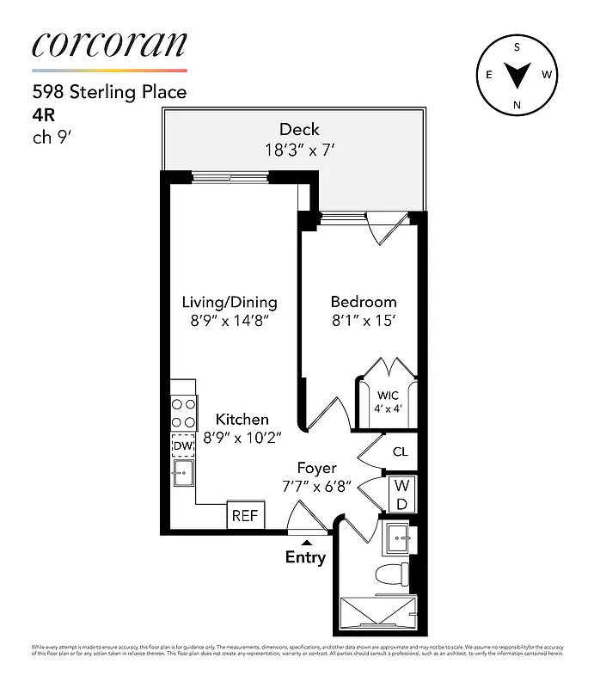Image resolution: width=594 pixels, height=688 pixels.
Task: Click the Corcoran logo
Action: (109, 45)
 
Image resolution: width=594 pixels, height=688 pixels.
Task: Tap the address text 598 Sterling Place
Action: (109, 92)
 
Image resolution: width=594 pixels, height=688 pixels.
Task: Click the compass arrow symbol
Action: (517, 77)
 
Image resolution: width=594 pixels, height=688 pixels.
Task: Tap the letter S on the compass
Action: (517, 48)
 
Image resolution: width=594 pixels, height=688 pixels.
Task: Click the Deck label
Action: (298, 130)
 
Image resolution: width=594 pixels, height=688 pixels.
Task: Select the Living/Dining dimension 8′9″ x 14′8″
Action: (230, 322)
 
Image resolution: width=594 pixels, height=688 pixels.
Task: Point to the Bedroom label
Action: (364, 302)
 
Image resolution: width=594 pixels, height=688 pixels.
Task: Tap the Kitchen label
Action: (242, 420)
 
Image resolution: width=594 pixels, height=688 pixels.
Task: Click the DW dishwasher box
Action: (182, 446)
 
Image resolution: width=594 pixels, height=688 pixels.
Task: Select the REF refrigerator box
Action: (245, 517)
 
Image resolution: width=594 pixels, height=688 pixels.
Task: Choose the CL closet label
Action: (400, 451)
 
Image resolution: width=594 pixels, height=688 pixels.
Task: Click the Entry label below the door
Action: (305, 557)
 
